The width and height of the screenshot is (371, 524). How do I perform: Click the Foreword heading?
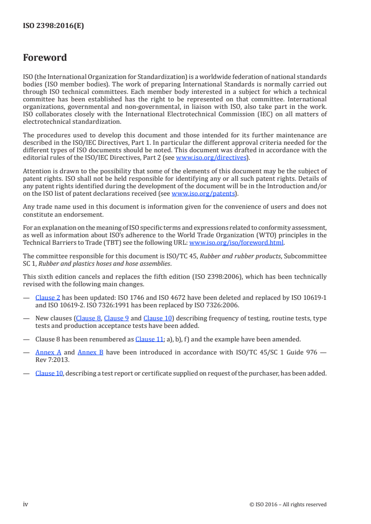coord(45,58)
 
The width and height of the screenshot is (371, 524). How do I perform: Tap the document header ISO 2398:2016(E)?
coord(53,26)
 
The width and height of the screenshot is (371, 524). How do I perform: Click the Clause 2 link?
coord(48,297)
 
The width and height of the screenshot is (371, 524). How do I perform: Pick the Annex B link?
coord(90,352)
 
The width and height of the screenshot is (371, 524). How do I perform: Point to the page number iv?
coord(26,504)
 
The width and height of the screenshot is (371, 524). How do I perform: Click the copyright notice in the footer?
coord(288,504)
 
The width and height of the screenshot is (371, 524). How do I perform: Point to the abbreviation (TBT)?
coord(107,243)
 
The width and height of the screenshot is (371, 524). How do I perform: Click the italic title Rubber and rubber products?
coord(235,256)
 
